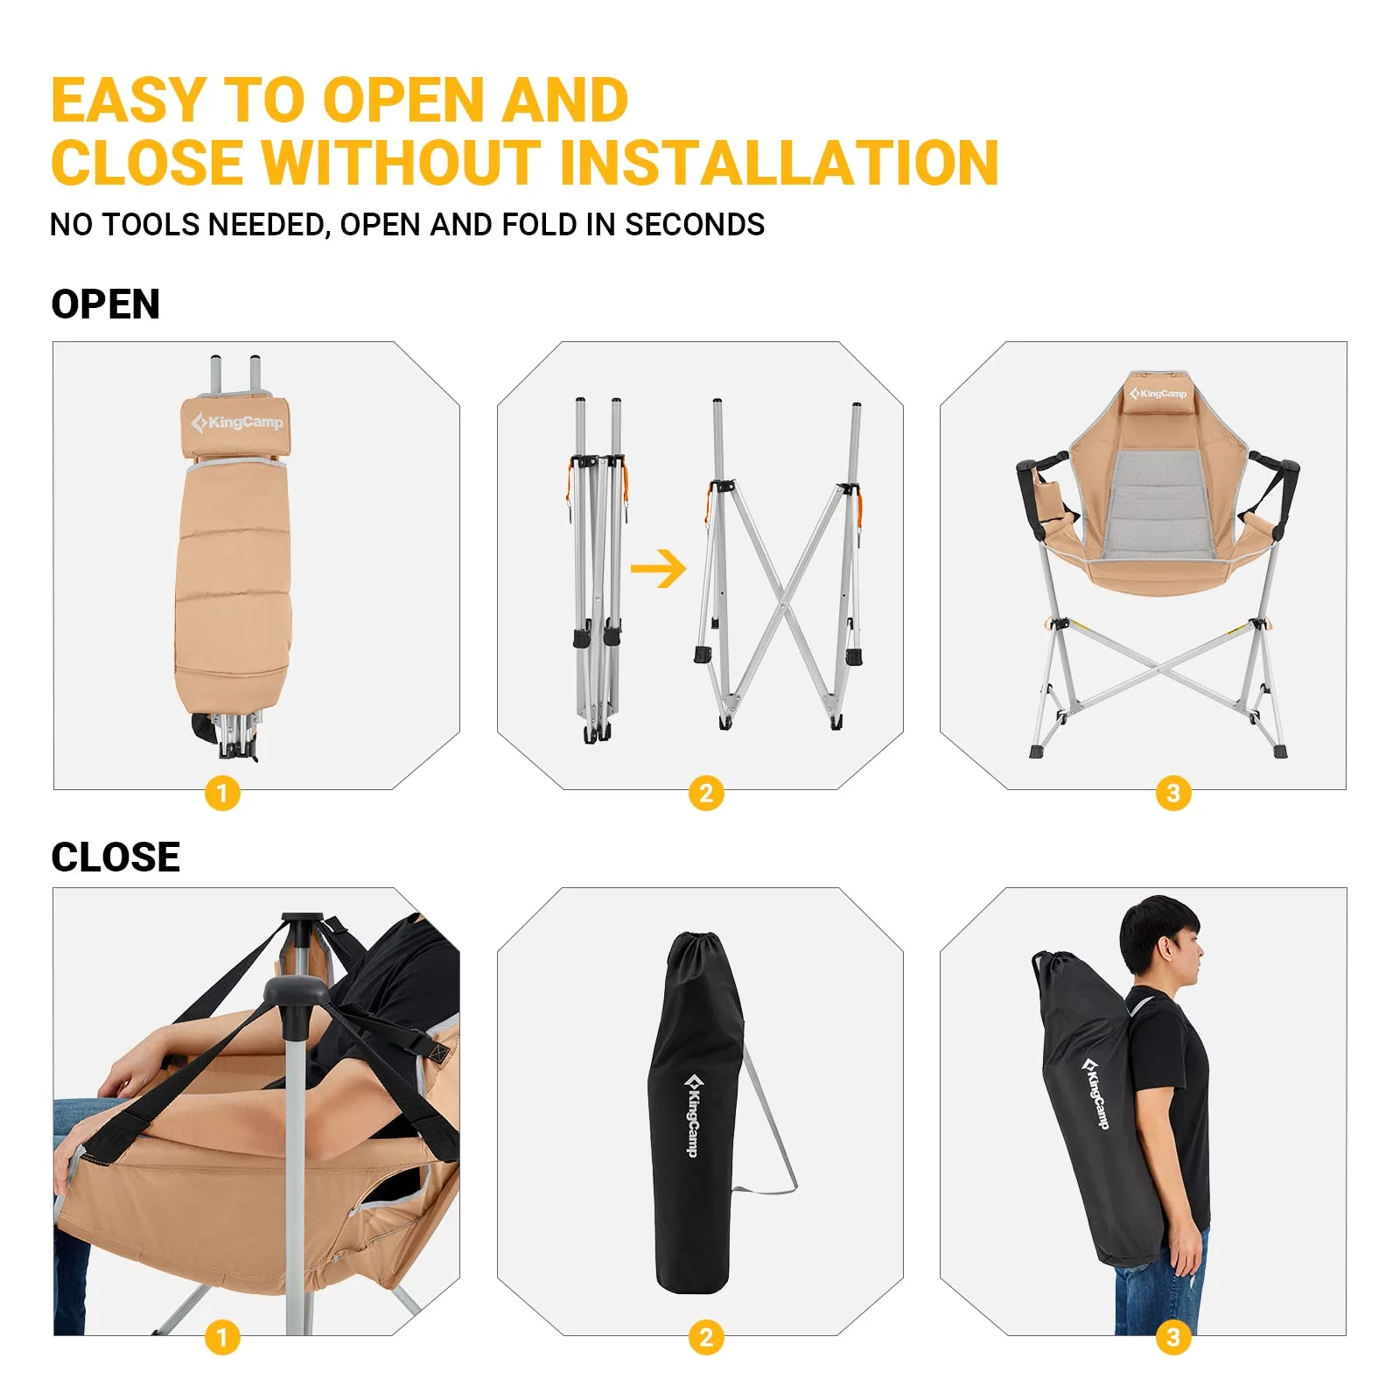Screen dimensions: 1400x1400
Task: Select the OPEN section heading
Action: pyautogui.click(x=106, y=304)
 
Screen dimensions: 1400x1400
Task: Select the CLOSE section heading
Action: pyautogui.click(x=115, y=857)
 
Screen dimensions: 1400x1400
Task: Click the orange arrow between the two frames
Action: pyautogui.click(x=658, y=569)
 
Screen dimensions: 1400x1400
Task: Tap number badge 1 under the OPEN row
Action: pyautogui.click(x=222, y=794)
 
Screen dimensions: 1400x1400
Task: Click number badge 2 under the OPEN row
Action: pyautogui.click(x=706, y=794)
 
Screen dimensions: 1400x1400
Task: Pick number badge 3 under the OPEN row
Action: pyautogui.click(x=1173, y=794)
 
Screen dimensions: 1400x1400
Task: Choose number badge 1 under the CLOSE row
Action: pyautogui.click(x=222, y=1337)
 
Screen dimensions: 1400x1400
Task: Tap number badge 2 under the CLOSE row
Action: pyautogui.click(x=706, y=1337)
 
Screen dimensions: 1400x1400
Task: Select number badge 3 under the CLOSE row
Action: pyautogui.click(x=1173, y=1337)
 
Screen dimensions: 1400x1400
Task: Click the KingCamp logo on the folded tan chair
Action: pyautogui.click(x=237, y=423)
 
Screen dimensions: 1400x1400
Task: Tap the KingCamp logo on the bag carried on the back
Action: pyautogui.click(x=1095, y=1093)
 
